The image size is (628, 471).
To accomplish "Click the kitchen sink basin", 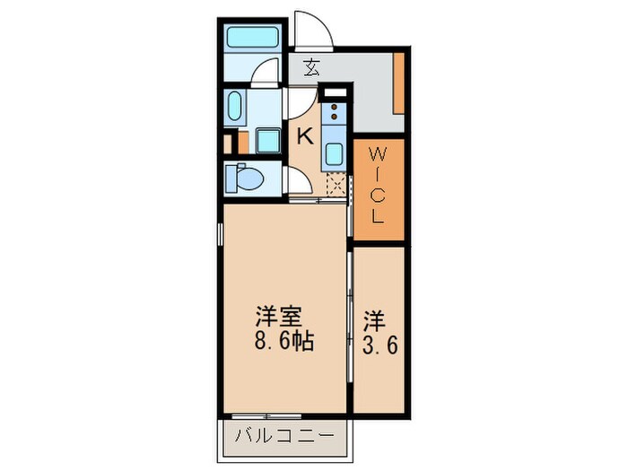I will (333, 153).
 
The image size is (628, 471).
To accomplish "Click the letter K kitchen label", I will (305, 136).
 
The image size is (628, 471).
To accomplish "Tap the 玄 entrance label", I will (310, 66).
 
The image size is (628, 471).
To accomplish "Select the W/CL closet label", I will (378, 188).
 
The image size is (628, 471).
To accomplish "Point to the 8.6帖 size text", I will (283, 341).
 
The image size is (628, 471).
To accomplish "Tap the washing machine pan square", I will (267, 142).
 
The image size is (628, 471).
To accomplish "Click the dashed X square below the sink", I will (335, 185).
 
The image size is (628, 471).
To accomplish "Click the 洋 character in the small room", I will (374, 318).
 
